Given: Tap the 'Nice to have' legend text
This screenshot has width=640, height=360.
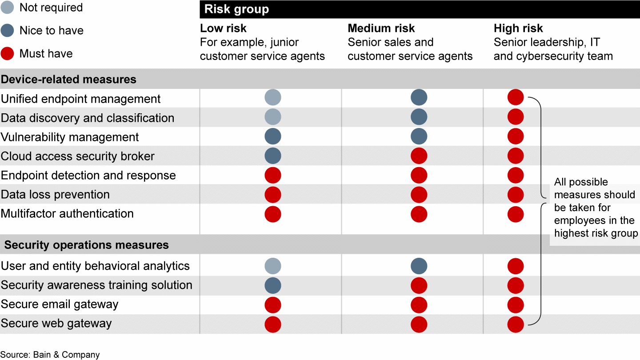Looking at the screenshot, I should [51, 31].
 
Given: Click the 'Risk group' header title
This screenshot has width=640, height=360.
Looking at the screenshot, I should [236, 9].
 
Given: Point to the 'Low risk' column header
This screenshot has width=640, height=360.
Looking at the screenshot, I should [223, 28].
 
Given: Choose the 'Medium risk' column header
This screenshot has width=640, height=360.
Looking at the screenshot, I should [381, 28].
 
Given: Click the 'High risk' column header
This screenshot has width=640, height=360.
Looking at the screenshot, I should [518, 28].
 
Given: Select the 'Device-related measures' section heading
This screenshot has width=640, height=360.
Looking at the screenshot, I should [68, 80].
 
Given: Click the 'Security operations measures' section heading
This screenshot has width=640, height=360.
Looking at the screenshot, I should [86, 245].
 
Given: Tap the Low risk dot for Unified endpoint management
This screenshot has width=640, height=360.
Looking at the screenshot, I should [273, 97].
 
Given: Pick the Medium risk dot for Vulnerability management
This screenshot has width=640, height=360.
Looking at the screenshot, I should [419, 136].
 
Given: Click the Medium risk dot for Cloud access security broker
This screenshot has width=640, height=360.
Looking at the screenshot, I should [419, 156].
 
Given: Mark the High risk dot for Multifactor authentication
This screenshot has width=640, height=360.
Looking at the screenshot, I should [516, 214].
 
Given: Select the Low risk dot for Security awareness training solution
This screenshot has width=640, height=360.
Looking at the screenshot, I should [273, 285].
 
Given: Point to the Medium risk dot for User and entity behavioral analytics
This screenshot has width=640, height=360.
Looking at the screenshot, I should [419, 266].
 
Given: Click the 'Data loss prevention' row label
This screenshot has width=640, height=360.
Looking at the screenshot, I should [55, 195].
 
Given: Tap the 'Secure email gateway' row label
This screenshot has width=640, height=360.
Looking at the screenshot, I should [60, 304].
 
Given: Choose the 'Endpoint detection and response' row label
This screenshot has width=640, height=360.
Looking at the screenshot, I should [88, 176].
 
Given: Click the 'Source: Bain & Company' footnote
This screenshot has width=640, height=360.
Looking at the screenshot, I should [50, 355].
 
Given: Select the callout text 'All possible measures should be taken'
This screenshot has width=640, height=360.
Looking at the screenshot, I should [595, 208].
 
